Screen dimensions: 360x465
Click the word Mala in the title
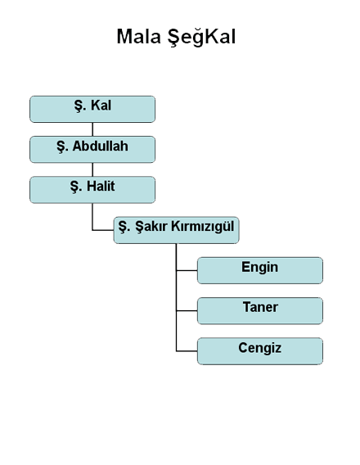[138, 37]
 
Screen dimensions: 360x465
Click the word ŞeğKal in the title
[201, 38]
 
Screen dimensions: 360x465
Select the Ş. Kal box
[92, 109]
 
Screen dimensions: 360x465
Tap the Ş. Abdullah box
[92, 150]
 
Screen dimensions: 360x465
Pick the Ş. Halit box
[92, 190]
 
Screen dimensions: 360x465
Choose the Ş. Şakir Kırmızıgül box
[176, 230]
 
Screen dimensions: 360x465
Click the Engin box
[260, 270]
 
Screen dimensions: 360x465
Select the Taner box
[260, 311]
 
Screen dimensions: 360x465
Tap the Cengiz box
[260, 351]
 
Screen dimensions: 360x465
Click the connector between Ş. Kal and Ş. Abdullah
[92, 129]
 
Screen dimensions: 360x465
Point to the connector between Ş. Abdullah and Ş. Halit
[92, 169]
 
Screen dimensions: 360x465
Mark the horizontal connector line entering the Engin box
[187, 270]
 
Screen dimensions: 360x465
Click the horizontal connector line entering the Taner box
[187, 311]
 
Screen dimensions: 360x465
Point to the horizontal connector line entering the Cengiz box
[187, 351]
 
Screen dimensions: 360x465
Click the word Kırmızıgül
[203, 227]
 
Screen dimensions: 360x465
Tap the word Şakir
[151, 227]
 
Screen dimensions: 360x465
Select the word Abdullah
[101, 147]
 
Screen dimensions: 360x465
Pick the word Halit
[101, 186]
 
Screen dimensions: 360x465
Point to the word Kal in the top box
[101, 106]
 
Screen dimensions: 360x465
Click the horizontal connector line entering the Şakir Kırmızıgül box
[103, 230]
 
